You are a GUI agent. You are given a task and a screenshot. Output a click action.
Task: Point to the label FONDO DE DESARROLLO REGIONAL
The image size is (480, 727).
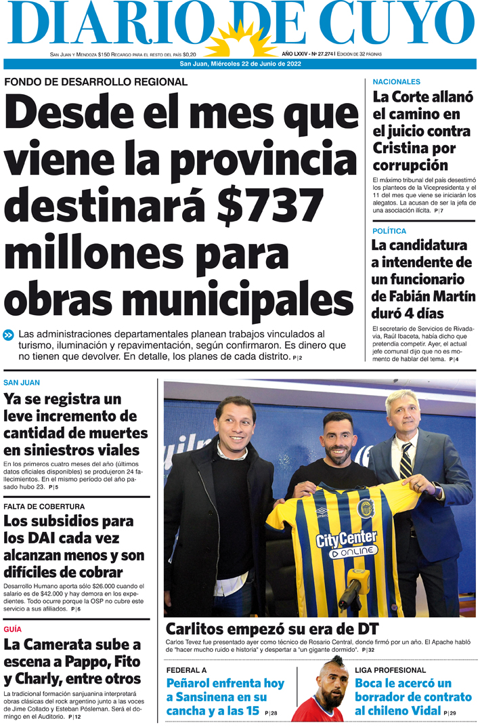pos(95,82)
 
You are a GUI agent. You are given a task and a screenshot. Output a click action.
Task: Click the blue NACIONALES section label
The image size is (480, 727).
pos(396,82)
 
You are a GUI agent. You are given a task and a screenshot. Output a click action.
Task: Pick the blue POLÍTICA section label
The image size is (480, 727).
pos(389,231)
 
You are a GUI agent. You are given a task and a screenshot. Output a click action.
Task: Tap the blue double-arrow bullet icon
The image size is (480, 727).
pos(9,335)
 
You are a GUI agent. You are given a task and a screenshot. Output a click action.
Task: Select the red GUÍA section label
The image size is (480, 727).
pos(12,629)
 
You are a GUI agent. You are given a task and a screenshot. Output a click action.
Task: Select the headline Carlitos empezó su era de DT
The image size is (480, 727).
pos(271,627)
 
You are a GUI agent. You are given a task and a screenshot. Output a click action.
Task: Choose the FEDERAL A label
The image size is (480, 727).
pos(186,669)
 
